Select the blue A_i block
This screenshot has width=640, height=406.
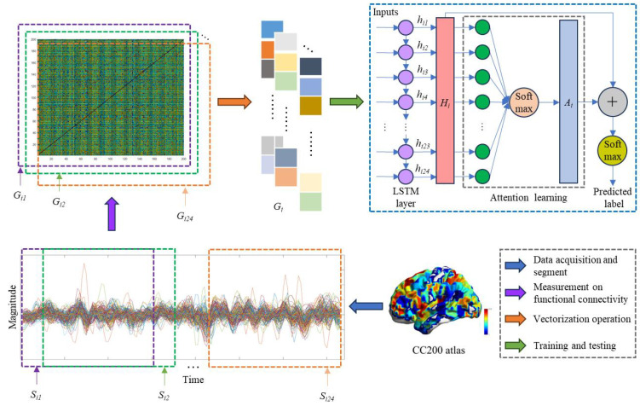coord(568,101)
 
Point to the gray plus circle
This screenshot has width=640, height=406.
coord(612,101)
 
